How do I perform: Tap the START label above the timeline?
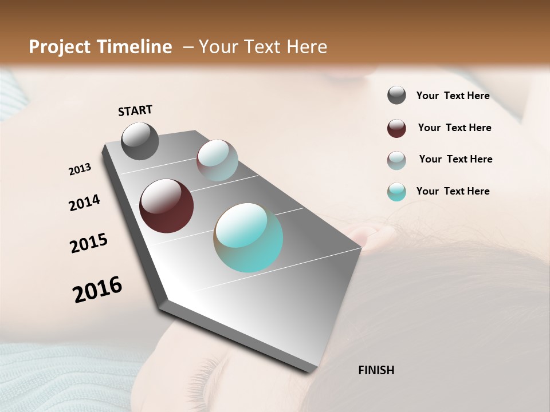point(135,110)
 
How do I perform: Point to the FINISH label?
point(376,370)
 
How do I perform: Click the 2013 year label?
point(80,169)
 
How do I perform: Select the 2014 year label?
point(84,203)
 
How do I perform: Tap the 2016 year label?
point(97,290)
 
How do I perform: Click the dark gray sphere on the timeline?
point(140,141)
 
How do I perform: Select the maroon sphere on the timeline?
point(166,206)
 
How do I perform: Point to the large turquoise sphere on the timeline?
point(248,237)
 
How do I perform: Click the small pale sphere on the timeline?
point(217,160)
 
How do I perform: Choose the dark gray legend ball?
point(396,96)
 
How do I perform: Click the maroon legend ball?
point(396,128)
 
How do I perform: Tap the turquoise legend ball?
point(396,192)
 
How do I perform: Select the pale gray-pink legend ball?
point(396,160)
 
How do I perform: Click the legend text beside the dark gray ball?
point(453,96)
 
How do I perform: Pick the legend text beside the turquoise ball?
point(453,191)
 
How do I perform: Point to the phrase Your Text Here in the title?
point(263,47)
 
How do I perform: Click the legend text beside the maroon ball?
point(454,128)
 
